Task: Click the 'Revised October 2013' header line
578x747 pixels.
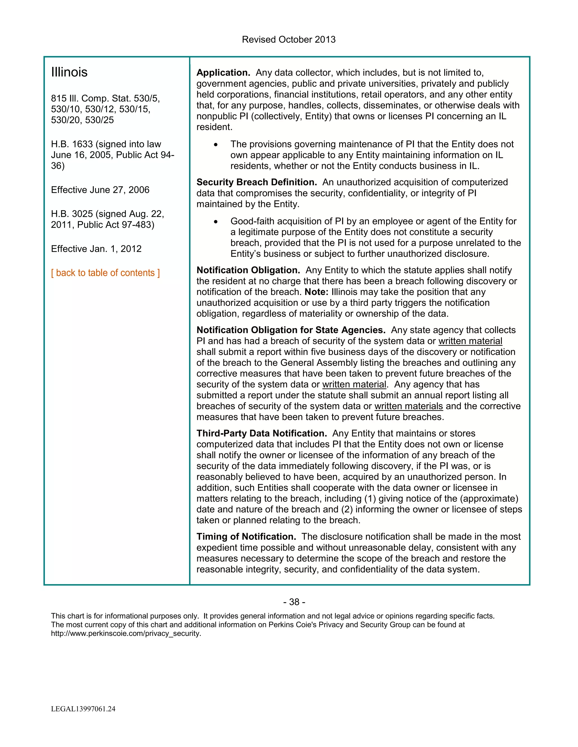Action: pyautogui.click(x=289, y=40)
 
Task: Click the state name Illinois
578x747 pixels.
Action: pyautogui.click(x=69, y=72)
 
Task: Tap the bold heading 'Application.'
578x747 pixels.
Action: pyautogui.click(x=223, y=72)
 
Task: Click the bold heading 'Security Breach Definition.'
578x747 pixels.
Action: pyautogui.click(x=257, y=182)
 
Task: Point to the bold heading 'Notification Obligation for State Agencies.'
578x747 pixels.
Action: pyautogui.click(x=291, y=330)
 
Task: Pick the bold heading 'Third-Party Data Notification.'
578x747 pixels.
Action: pyautogui.click(x=262, y=433)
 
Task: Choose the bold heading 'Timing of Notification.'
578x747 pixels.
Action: pyautogui.click(x=246, y=536)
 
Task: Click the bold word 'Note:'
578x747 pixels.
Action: pyautogui.click(x=316, y=292)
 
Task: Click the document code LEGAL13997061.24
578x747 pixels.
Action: pyautogui.click(x=83, y=709)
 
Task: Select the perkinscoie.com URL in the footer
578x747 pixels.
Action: pyautogui.click(x=126, y=633)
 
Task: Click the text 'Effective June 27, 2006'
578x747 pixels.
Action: pyautogui.click(x=100, y=190)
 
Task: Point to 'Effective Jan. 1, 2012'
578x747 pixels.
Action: pyautogui.click(x=96, y=249)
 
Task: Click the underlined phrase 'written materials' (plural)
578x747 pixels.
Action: pyautogui.click(x=408, y=406)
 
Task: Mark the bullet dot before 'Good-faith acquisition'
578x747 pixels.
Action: pyautogui.click(x=216, y=222)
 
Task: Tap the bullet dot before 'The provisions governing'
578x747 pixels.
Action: pyautogui.click(x=216, y=145)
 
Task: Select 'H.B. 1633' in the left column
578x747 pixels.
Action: pyautogui.click(x=72, y=144)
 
